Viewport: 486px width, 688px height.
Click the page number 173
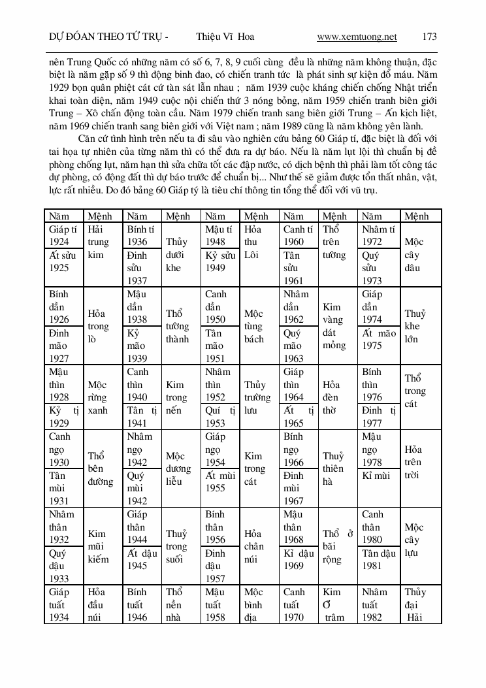[430, 37]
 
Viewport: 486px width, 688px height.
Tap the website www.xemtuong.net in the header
[357, 37]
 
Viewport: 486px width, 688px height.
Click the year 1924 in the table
[59, 241]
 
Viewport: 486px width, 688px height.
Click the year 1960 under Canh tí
[294, 241]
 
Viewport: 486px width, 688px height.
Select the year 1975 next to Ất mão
[372, 346]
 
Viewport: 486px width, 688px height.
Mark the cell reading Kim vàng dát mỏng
[333, 326]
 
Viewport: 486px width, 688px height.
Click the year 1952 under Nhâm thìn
[216, 397]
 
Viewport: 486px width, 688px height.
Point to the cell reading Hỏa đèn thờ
[333, 397]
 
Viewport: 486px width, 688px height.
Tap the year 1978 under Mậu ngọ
[372, 462]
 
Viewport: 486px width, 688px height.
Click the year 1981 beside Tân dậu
[372, 566]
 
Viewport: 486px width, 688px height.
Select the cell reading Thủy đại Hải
[415, 604]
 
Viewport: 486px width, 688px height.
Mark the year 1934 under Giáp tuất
[59, 617]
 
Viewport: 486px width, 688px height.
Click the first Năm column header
[59, 216]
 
